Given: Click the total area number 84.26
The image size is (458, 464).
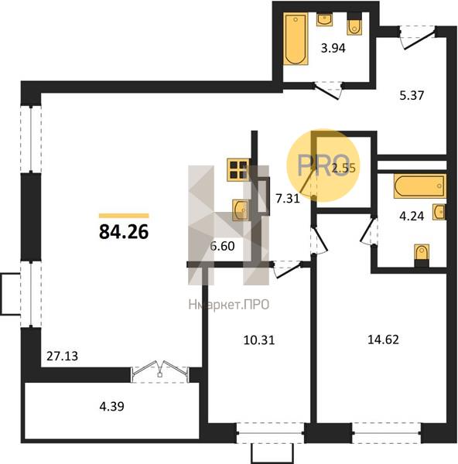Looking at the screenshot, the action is [124, 231].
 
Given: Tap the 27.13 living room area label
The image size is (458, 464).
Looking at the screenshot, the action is [62, 356].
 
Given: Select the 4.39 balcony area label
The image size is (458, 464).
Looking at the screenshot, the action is [111, 407].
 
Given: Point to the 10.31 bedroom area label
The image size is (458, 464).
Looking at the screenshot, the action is [259, 340].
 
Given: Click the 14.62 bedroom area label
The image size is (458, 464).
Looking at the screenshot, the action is [383, 339].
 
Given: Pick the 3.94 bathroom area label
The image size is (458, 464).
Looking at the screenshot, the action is [333, 48].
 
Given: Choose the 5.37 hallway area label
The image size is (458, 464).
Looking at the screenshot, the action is [412, 96].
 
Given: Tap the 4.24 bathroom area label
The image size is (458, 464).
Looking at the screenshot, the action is [412, 217].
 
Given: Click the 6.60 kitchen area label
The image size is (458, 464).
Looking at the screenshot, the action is [222, 246].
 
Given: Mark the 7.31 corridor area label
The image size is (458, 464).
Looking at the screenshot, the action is [288, 199].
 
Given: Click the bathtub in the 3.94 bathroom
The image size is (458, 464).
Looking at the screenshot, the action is [296, 39].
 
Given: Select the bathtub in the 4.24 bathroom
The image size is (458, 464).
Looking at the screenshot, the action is [420, 186].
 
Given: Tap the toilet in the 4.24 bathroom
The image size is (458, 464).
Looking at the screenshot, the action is [422, 256].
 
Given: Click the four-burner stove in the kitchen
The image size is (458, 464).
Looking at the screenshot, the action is [238, 170].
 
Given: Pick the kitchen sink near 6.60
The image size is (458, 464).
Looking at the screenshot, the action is [240, 210].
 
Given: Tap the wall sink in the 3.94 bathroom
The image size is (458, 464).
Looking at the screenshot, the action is [325, 19].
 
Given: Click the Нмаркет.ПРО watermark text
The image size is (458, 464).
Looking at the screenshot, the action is [229, 305].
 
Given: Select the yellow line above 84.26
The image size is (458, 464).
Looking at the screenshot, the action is [124, 216].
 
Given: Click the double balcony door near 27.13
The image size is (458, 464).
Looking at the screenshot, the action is [160, 372].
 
